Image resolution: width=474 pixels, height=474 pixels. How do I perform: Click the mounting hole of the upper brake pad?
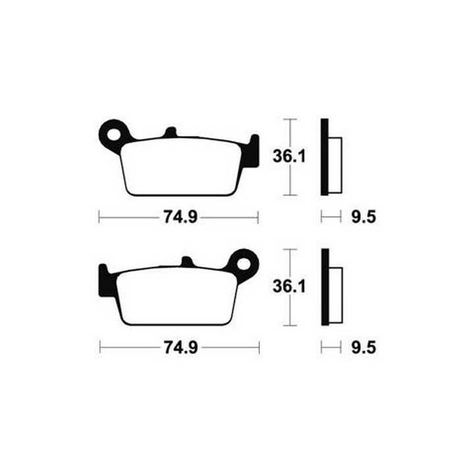[115, 135]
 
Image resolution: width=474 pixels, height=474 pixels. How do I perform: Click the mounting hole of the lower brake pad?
[244, 264]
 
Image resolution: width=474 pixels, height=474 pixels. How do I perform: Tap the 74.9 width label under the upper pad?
[180, 217]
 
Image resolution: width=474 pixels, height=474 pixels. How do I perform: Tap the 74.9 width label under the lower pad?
[181, 348]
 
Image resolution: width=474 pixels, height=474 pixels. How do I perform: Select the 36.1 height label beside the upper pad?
[289, 157]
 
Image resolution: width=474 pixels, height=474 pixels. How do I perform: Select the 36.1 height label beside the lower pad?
[289, 286]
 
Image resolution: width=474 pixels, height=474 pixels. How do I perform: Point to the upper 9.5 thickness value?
[363, 217]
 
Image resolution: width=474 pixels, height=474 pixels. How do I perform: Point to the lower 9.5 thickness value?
[363, 348]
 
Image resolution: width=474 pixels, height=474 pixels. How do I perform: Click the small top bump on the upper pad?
[171, 132]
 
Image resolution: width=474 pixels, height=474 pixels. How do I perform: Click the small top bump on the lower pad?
[187, 262]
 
